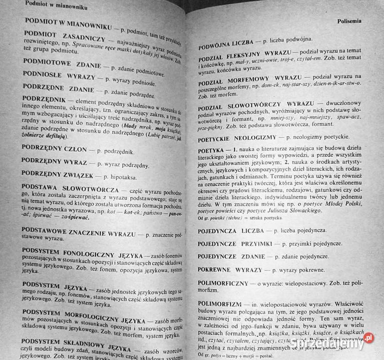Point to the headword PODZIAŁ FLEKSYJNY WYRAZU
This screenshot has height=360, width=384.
point(246,56)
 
